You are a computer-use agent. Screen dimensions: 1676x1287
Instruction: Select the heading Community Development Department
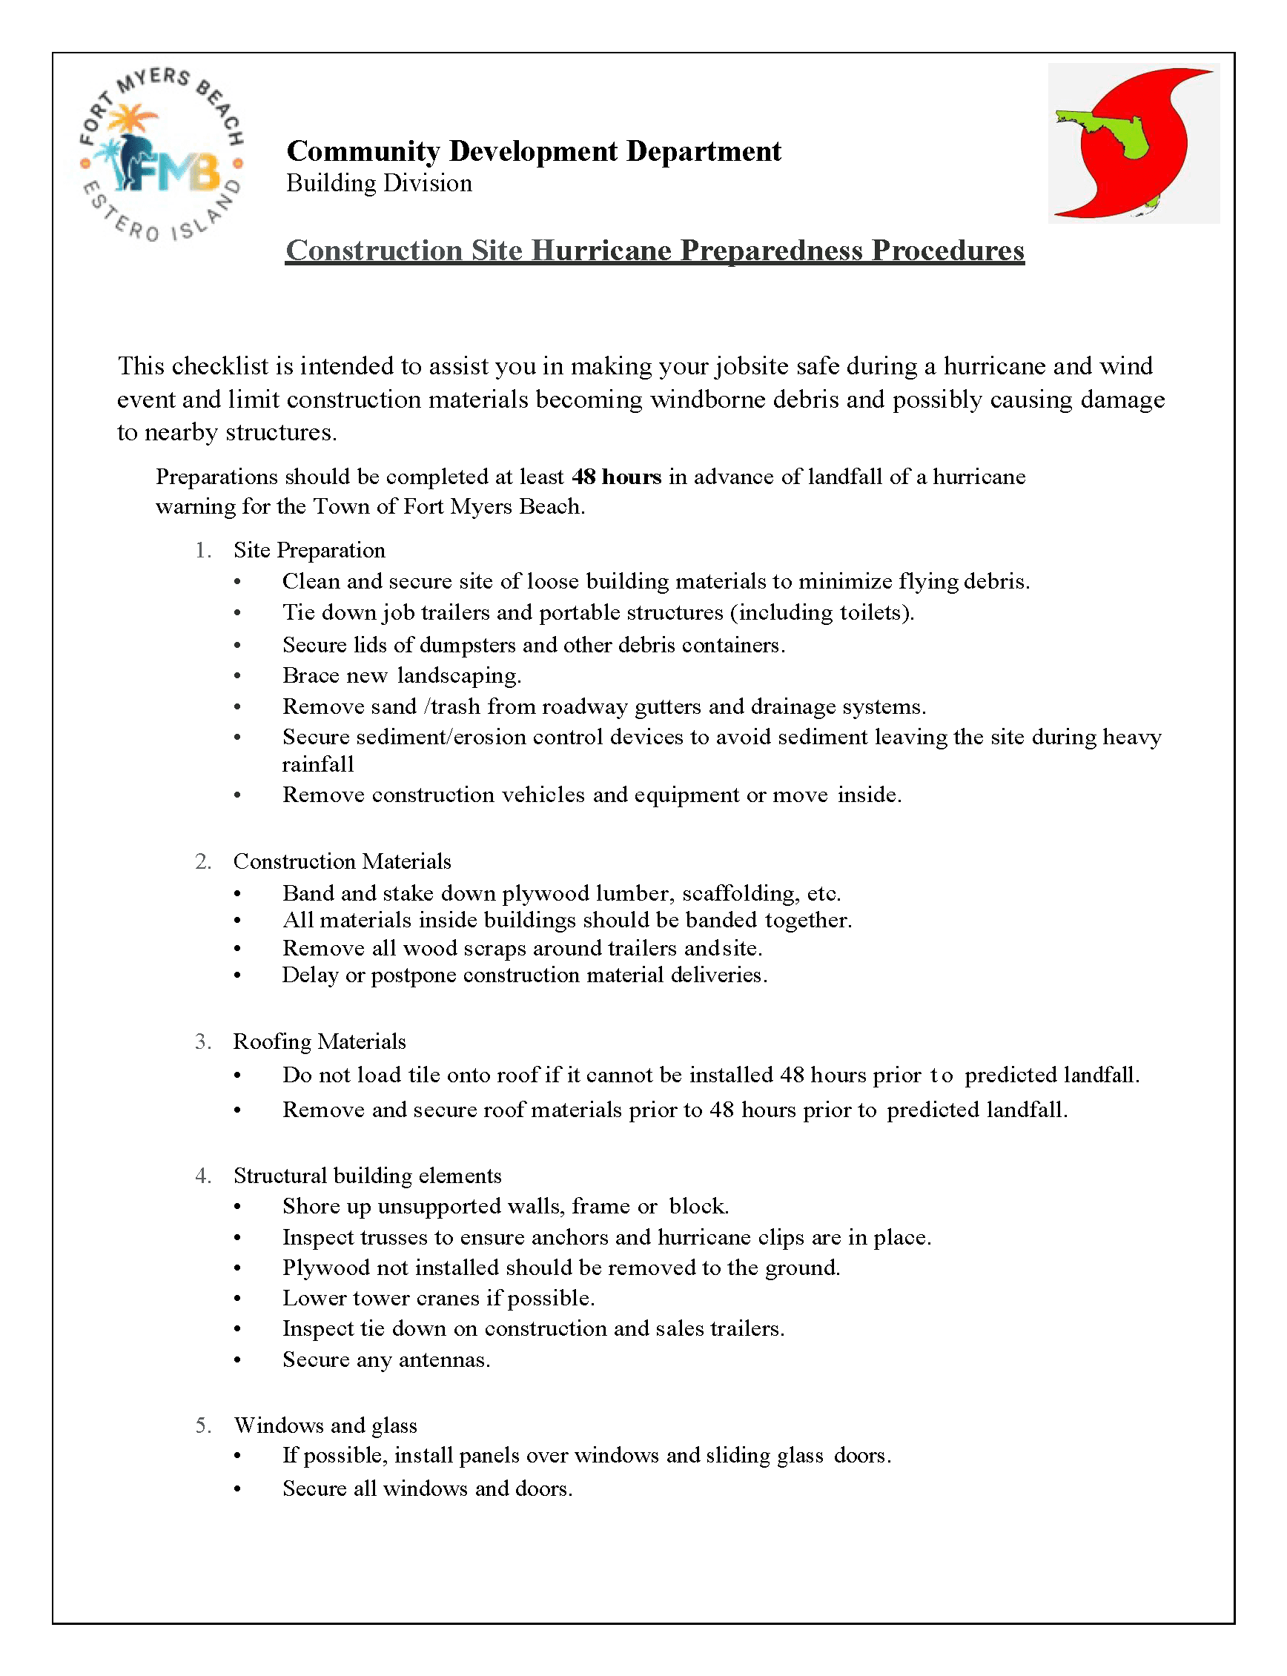(533, 152)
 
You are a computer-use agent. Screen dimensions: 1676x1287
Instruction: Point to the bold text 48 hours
(616, 477)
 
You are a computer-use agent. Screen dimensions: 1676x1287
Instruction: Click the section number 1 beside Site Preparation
(202, 551)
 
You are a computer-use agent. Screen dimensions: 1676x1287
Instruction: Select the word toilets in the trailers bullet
(873, 613)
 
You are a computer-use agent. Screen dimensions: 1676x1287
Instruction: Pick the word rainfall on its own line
(318, 764)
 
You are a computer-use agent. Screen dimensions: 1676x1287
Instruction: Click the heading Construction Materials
(342, 862)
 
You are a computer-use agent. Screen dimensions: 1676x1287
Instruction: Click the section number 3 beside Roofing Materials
(202, 1041)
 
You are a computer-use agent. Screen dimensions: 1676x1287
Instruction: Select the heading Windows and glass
(325, 1425)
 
